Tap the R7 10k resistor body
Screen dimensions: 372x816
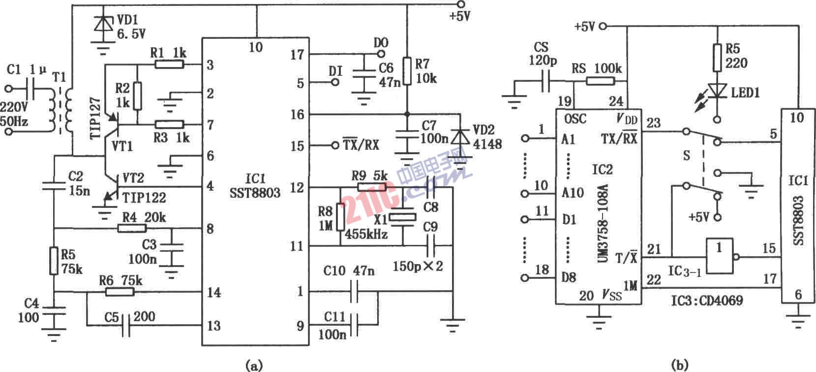point(407,72)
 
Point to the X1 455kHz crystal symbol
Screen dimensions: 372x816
point(403,217)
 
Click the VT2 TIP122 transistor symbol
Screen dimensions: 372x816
point(109,190)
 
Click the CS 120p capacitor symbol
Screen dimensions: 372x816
point(545,82)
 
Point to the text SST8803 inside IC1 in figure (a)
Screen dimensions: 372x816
point(255,193)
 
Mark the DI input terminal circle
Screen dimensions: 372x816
point(335,83)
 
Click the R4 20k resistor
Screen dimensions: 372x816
point(132,228)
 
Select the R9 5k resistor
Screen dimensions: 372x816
point(371,187)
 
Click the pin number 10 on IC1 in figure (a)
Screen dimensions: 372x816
point(256,47)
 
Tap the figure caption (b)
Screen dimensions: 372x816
point(679,365)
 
